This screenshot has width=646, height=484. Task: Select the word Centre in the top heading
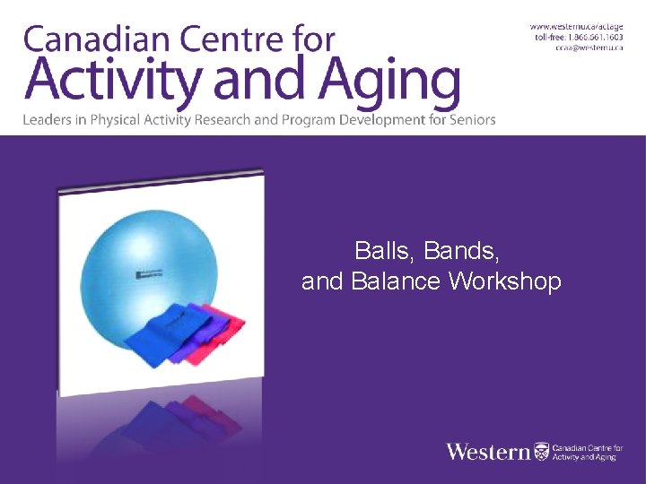click(x=222, y=39)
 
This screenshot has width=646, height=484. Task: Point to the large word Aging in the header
click(x=388, y=82)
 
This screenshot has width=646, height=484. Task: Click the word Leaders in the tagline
click(x=47, y=119)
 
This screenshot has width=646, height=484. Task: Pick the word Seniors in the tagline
click(x=472, y=119)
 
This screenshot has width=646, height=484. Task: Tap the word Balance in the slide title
click(x=395, y=281)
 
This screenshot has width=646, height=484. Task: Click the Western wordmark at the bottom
click(x=488, y=451)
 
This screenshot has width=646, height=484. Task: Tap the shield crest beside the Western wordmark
click(x=540, y=451)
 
